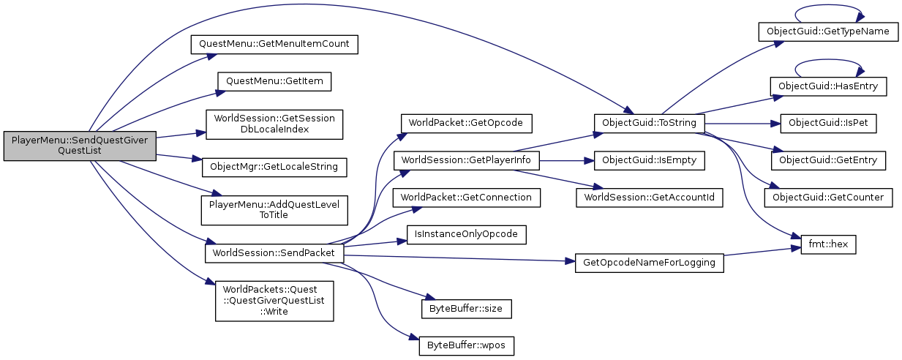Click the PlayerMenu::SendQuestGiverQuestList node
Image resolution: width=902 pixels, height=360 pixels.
[x=80, y=144]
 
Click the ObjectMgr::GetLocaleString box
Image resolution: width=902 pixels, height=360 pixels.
[x=274, y=166]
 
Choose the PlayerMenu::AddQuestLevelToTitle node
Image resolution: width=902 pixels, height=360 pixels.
[x=274, y=209]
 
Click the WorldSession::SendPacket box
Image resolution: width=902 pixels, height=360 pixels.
[x=274, y=253]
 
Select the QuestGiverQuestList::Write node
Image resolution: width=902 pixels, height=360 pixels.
[x=274, y=300]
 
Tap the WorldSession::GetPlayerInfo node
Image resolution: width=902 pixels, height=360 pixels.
[x=466, y=159]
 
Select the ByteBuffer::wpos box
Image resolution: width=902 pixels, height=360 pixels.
[x=466, y=345]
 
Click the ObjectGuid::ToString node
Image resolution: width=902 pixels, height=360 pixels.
[x=650, y=122]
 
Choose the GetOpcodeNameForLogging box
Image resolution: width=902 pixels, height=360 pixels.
[x=650, y=262]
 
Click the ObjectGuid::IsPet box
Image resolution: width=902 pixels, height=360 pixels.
[x=828, y=122]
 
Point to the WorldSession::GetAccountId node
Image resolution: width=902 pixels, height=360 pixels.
[x=650, y=196]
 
